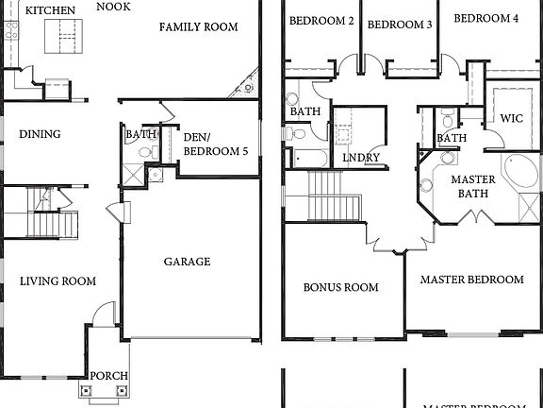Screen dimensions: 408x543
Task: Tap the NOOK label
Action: [x=113, y=6]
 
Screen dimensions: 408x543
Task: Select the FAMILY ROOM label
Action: [x=198, y=26]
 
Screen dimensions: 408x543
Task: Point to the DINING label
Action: [x=40, y=134]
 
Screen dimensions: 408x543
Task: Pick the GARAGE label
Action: [x=187, y=262]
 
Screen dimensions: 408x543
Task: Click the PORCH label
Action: [x=108, y=376]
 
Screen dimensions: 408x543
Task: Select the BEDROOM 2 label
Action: [x=321, y=20]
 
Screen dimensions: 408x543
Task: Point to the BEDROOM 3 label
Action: [x=399, y=25]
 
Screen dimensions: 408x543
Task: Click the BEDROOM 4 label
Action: [x=485, y=18]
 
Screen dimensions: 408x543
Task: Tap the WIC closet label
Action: [x=512, y=119]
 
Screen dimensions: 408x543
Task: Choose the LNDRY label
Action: [x=360, y=158]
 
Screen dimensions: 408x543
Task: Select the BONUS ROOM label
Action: [x=340, y=287]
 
